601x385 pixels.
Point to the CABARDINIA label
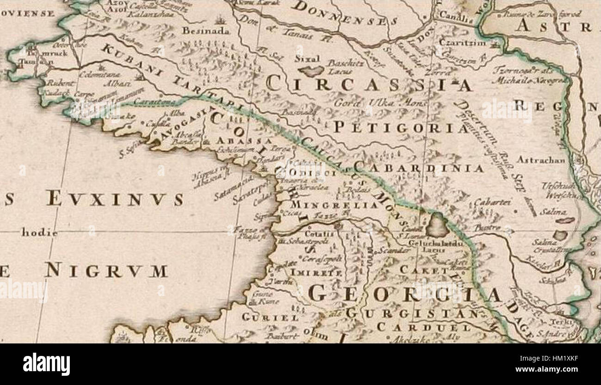coord(418,168)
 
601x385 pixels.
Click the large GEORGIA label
coord(405,294)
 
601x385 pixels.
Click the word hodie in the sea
coord(40,233)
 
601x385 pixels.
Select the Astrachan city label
coord(541,160)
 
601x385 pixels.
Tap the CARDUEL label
coord(423,327)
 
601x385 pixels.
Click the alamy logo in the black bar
coord(46,364)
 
